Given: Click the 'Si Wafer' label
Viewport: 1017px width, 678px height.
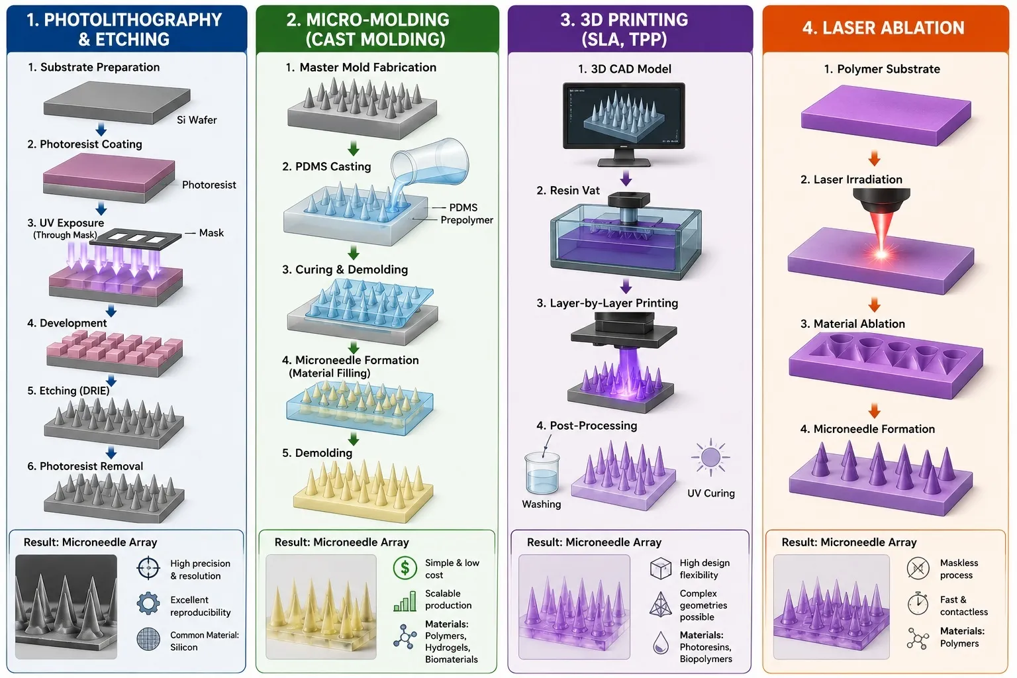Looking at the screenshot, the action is (197, 120).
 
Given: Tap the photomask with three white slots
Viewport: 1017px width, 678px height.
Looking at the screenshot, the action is (135, 238).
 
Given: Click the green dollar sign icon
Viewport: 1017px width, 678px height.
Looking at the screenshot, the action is (405, 567).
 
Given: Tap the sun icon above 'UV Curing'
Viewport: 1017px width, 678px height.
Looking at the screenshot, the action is (710, 458).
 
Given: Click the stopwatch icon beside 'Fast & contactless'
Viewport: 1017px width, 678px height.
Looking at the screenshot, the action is (918, 604).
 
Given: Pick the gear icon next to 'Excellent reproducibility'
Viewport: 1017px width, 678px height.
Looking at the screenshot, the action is (148, 604).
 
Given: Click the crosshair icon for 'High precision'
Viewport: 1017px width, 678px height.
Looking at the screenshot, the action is (148, 567).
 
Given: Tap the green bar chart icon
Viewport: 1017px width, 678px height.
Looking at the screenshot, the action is (405, 601).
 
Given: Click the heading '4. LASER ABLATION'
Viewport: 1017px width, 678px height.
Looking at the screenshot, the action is (883, 28).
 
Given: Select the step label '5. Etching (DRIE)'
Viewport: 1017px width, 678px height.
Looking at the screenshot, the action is (68, 391).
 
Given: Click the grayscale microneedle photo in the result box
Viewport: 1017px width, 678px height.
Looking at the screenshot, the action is (66, 606).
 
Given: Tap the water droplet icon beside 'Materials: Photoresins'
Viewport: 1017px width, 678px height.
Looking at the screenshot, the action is (661, 642).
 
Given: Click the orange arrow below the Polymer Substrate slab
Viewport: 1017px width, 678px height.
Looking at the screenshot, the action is (875, 158).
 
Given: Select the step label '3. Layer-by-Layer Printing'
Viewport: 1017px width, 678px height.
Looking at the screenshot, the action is (607, 303).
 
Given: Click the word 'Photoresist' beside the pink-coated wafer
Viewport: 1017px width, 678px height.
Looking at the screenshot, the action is (209, 185).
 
